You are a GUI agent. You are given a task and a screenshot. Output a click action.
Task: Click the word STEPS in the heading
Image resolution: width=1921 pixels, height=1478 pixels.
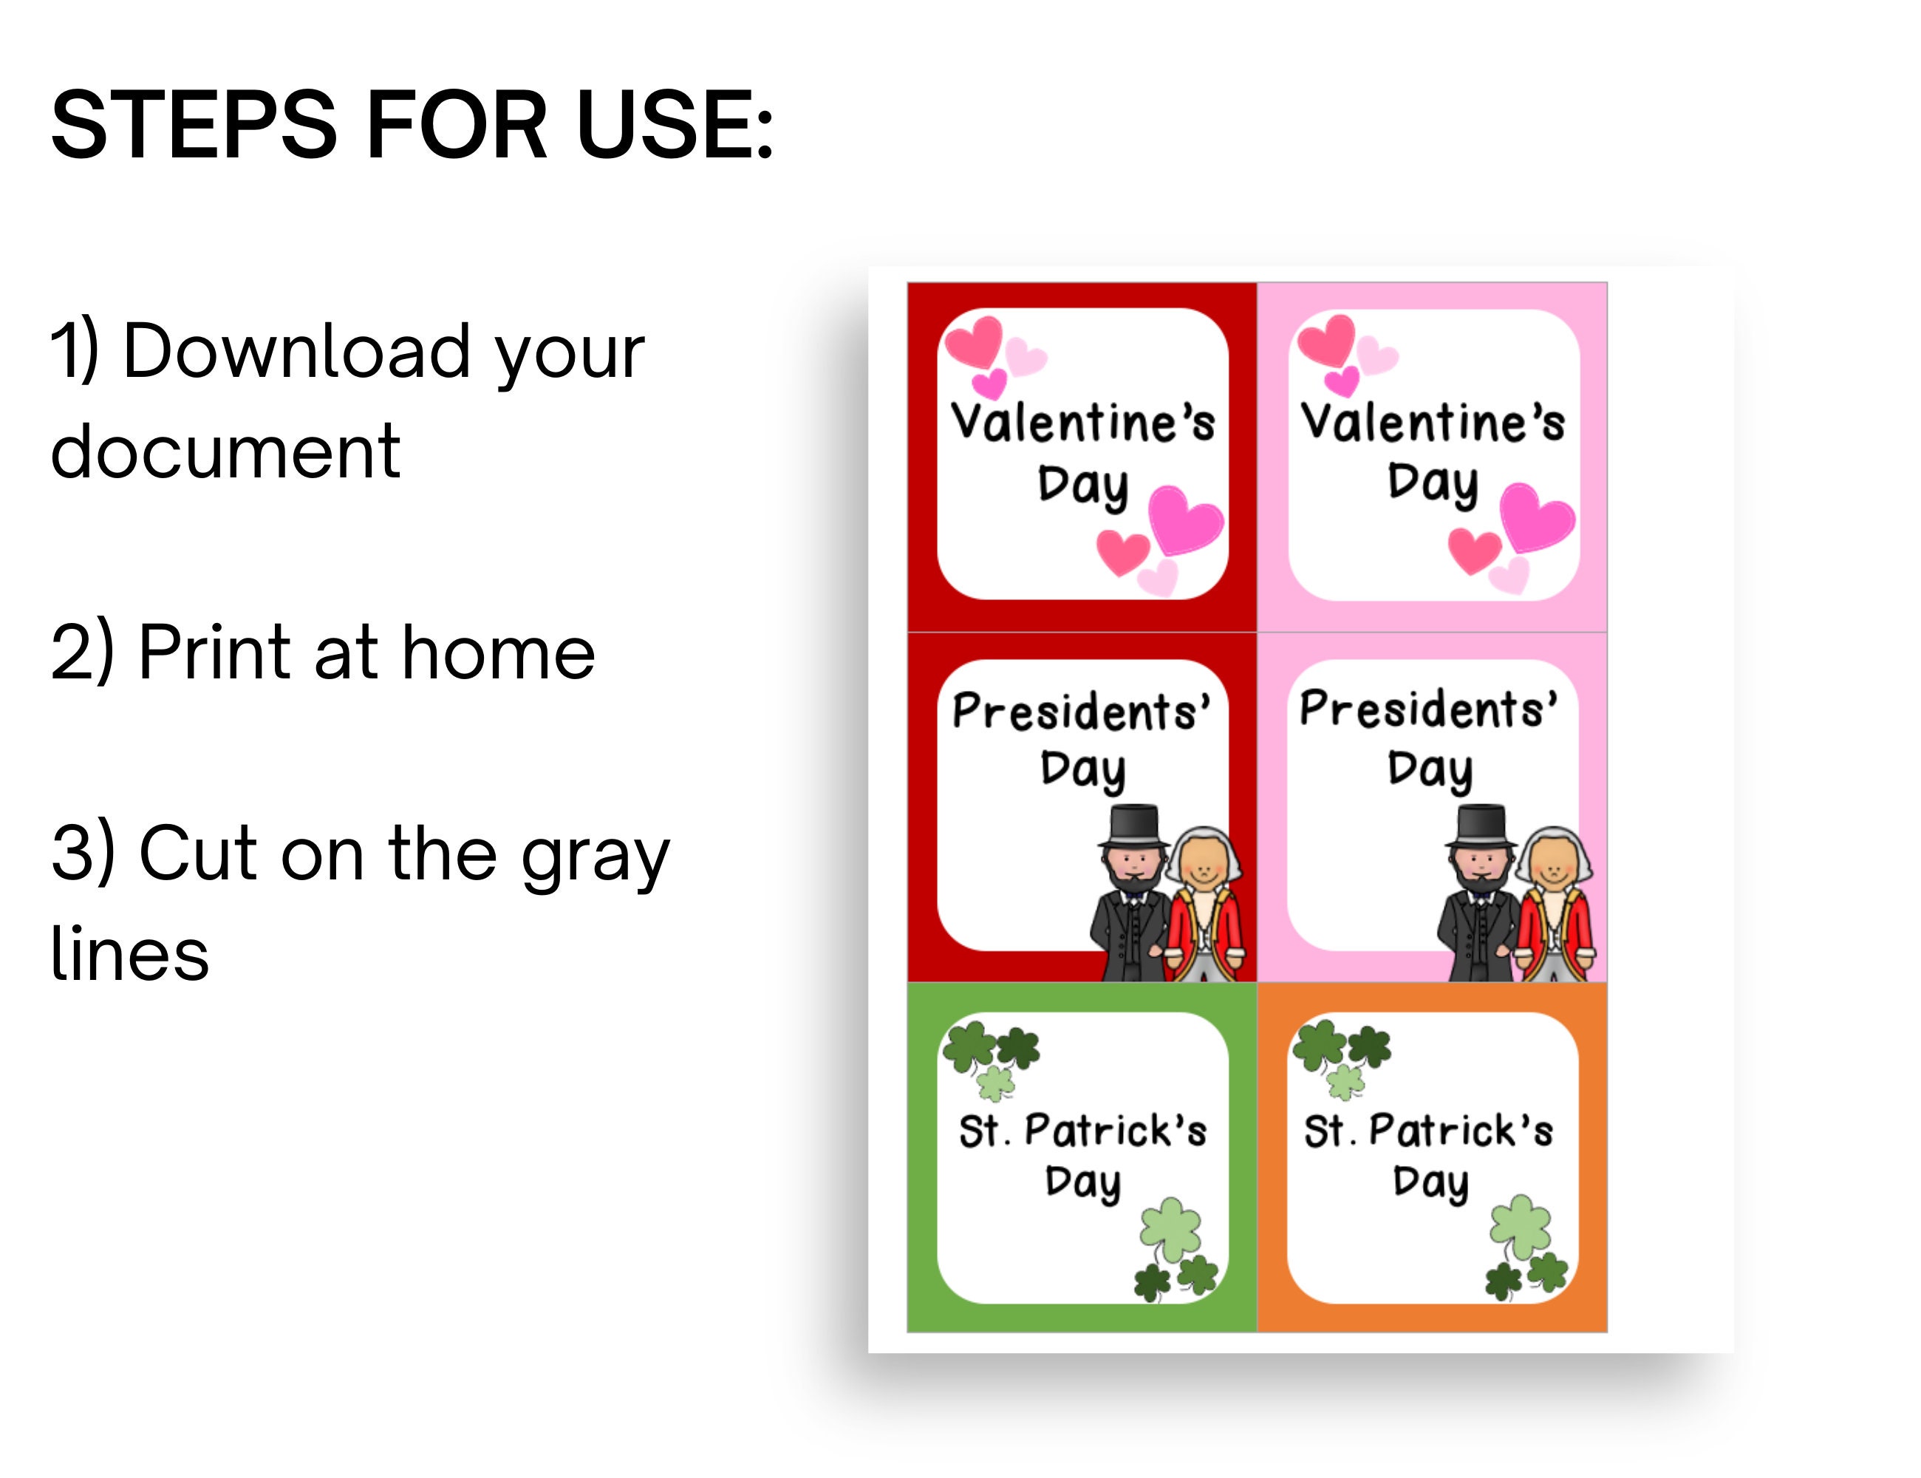point(194,125)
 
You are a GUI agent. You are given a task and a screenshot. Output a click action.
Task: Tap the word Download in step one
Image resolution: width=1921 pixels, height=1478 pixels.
point(296,352)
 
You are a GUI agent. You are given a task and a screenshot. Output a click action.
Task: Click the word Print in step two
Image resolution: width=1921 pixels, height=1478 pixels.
point(214,652)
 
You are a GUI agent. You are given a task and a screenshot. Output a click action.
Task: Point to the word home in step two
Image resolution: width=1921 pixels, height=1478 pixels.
point(499,652)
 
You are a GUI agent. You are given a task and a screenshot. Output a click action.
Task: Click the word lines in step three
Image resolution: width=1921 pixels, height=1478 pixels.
point(129,953)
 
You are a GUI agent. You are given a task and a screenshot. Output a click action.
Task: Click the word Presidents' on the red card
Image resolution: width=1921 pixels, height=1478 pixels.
point(1081,711)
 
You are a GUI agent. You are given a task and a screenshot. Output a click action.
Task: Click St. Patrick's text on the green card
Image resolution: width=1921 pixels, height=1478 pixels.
point(1082,1131)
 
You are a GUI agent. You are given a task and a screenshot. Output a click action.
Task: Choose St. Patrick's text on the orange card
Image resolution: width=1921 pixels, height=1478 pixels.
point(1428,1131)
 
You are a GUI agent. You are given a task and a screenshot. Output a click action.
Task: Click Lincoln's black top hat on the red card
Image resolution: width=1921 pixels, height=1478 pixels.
point(1135,824)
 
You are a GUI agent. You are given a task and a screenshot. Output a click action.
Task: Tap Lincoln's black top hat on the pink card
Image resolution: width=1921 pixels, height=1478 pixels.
point(1481,824)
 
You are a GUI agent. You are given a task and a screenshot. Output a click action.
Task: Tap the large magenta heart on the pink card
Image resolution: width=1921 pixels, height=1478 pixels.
point(1535,517)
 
